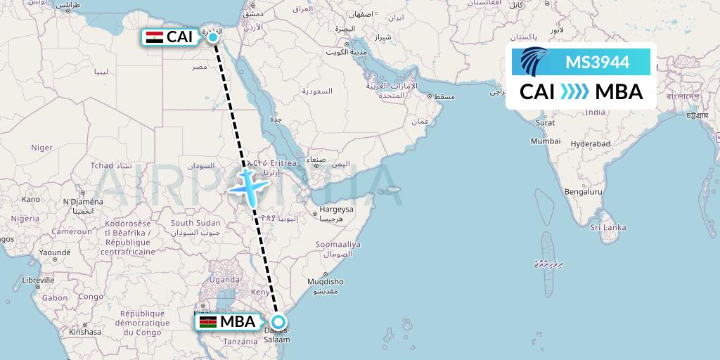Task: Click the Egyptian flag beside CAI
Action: coord(154,37)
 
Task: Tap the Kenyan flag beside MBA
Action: coord(207,322)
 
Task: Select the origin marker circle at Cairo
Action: coord(213,37)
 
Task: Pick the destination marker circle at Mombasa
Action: coord(278,323)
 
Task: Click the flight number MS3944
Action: coord(597,63)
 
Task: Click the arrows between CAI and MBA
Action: coord(574,92)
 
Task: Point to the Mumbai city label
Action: coord(545,141)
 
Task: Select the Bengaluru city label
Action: coord(584,191)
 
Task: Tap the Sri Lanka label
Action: coord(607,228)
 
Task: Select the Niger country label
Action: coord(42,148)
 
